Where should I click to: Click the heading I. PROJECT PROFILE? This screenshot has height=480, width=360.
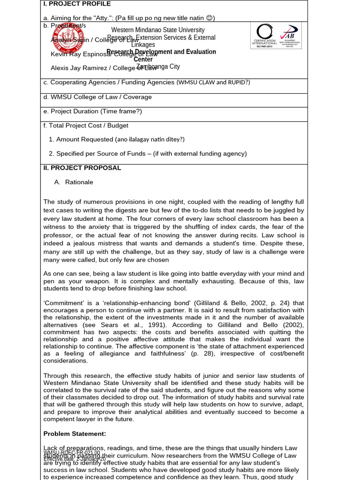coord(77,4)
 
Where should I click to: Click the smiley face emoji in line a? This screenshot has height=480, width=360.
coord(210,18)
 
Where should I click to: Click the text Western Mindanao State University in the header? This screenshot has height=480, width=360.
coord(157,30)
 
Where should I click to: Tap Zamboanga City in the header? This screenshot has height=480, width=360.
coord(158,67)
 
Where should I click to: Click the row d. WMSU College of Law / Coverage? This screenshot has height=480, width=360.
coord(97,97)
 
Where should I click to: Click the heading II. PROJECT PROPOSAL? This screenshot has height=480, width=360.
coord(82,168)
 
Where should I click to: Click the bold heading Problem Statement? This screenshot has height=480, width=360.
coord(75,433)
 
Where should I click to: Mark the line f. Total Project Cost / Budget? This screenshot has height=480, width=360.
coord(86,125)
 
